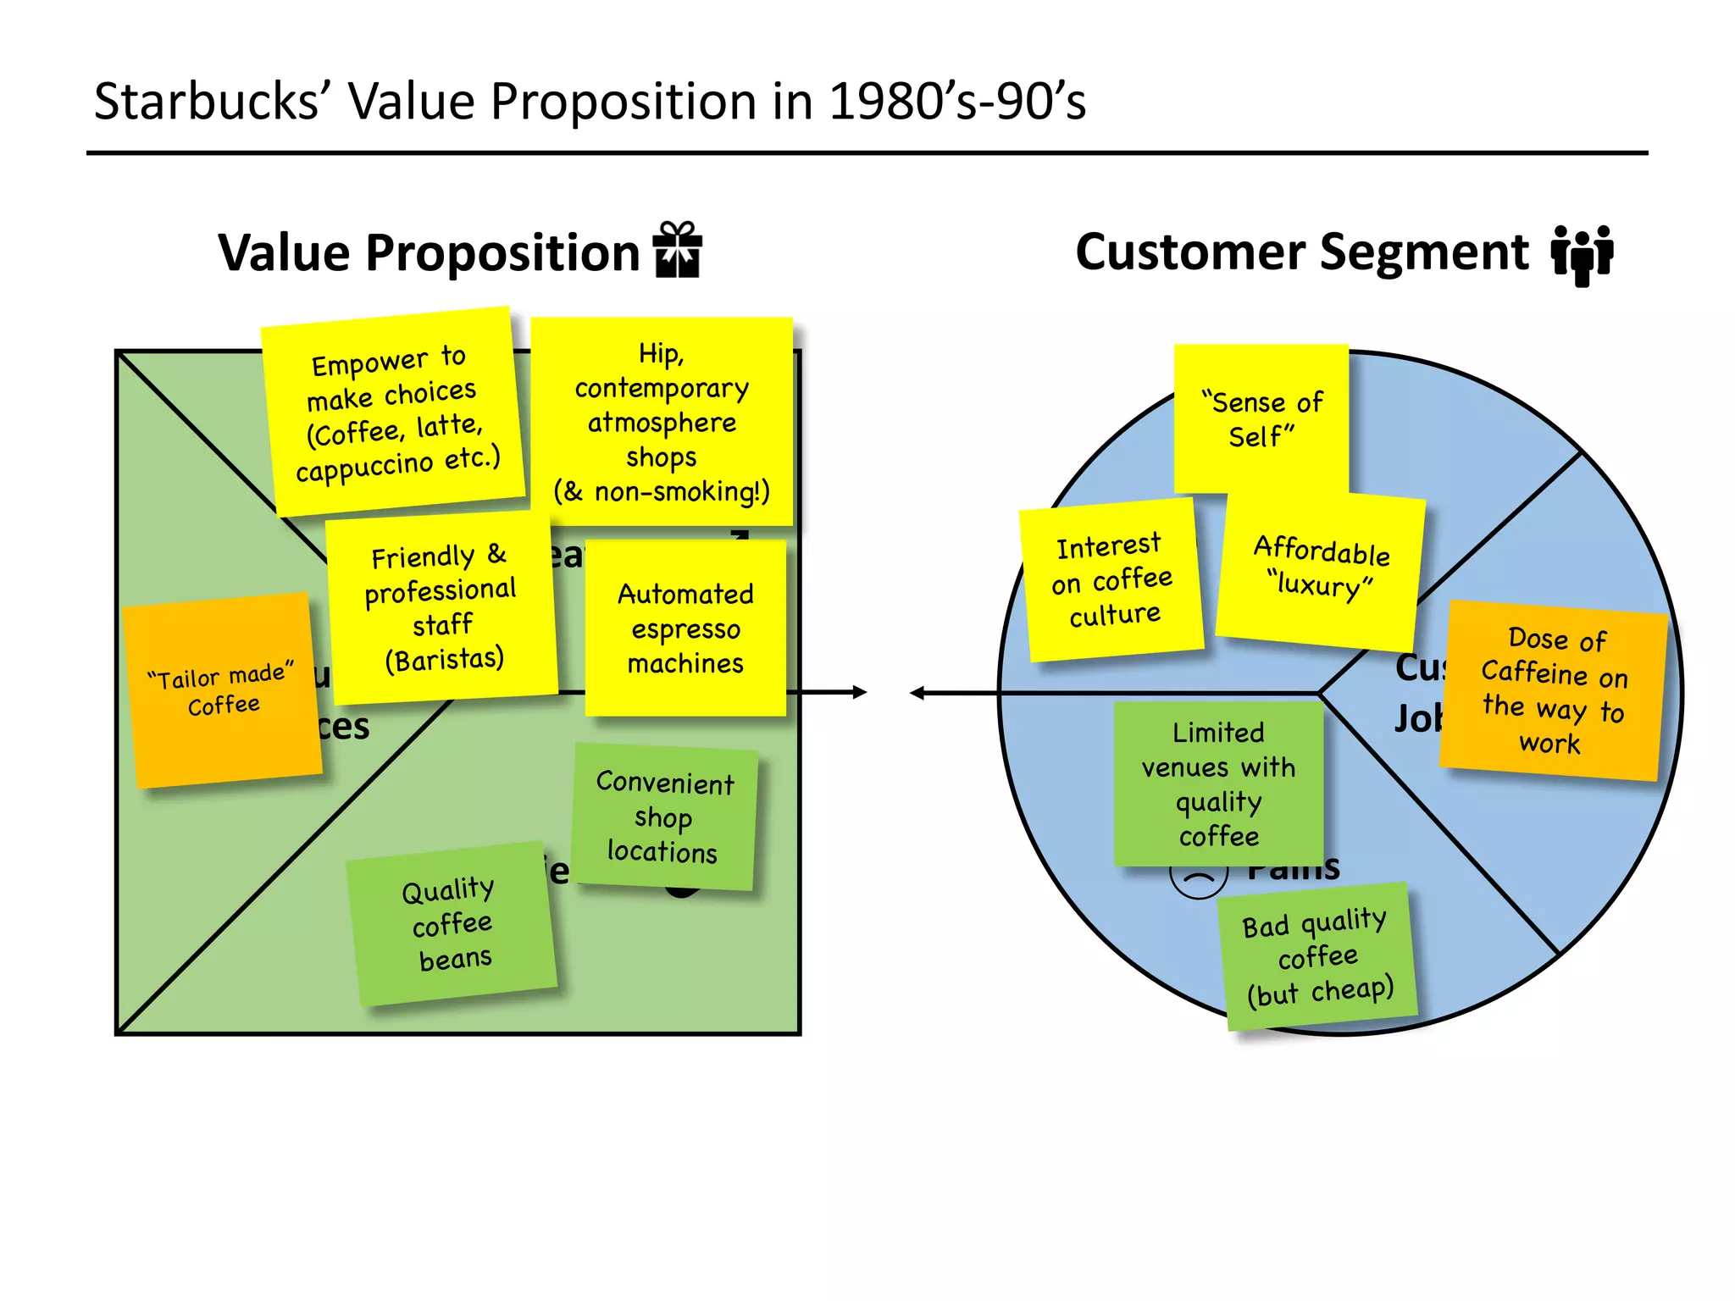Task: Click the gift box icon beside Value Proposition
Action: click(677, 250)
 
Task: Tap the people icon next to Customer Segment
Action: click(1582, 254)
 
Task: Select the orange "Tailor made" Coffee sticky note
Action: click(222, 689)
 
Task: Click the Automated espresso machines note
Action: click(685, 628)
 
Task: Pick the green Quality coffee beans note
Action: click(451, 923)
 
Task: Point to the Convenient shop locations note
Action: click(664, 817)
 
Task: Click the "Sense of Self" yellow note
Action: click(1261, 418)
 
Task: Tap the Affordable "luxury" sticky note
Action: click(1320, 567)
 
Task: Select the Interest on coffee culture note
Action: click(1112, 580)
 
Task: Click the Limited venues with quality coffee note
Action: click(1218, 783)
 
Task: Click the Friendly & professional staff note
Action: click(442, 607)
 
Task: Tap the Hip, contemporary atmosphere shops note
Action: click(662, 422)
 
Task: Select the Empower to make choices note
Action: click(393, 412)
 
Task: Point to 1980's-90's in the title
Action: click(956, 102)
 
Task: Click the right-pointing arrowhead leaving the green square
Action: click(860, 692)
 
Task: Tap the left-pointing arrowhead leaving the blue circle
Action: click(917, 693)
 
